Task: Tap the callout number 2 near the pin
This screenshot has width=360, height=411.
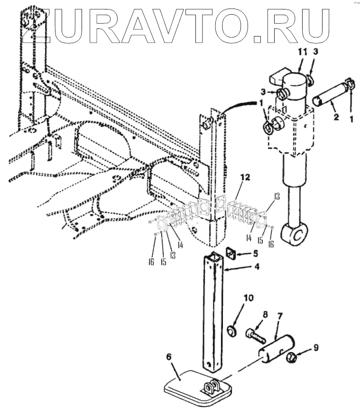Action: click(335, 115)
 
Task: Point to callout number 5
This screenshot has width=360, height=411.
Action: click(255, 253)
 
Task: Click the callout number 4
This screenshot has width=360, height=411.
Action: click(256, 267)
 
